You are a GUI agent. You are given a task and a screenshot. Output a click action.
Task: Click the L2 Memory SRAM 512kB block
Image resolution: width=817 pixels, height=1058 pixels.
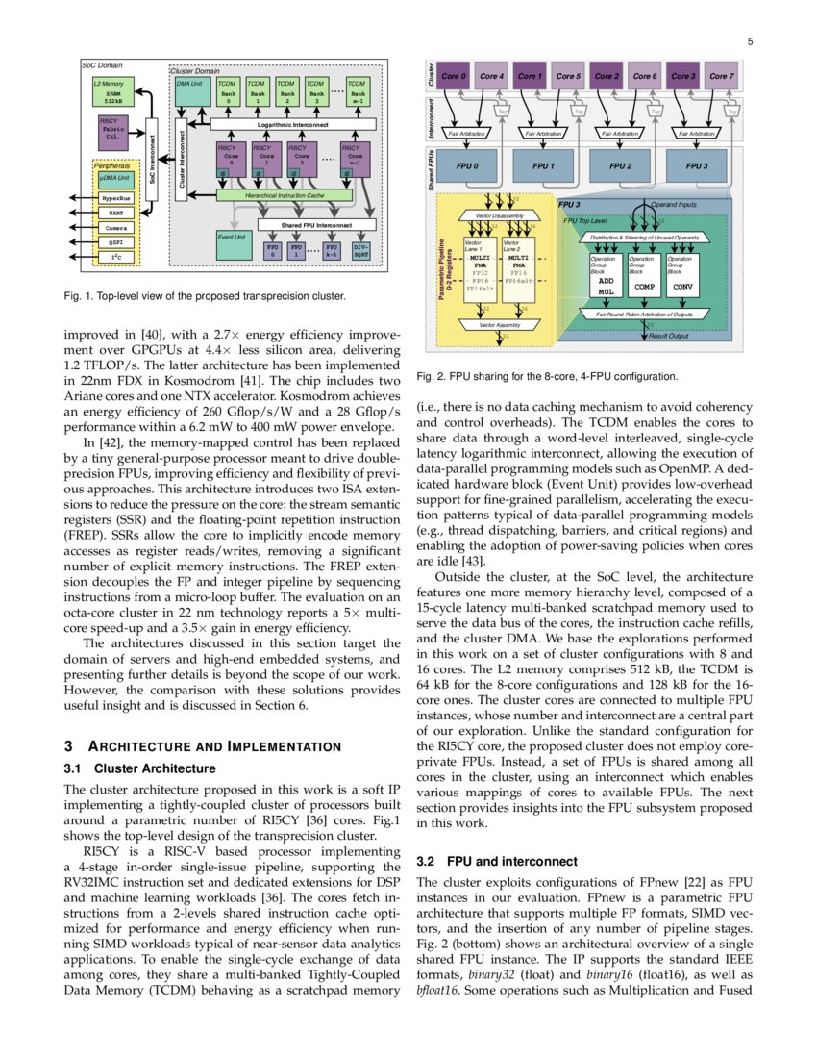pos(114,92)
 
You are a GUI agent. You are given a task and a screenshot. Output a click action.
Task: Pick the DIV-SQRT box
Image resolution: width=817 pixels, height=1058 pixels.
pos(359,251)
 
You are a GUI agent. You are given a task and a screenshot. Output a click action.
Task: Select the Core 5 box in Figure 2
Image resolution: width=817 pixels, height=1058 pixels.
pos(568,76)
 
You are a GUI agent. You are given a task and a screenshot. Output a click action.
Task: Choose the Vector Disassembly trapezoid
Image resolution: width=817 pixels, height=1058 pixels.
pos(493,216)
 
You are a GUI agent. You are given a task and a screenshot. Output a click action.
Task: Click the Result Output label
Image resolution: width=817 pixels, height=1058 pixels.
pos(669,336)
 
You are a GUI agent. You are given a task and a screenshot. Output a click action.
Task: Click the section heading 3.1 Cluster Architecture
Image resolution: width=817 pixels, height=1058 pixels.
pos(141,768)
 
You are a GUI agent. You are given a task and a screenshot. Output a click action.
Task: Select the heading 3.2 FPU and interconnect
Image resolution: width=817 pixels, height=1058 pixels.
pos(498,861)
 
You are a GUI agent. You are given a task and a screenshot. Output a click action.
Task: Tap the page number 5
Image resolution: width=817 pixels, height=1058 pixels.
pos(749,41)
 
